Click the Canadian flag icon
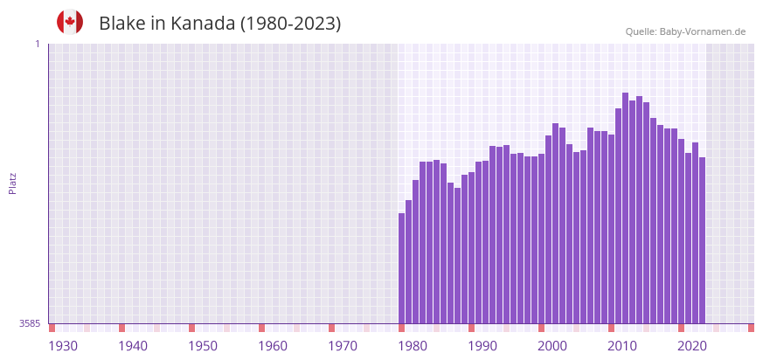click(70, 22)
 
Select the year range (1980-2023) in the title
click(291, 24)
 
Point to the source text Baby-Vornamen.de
click(703, 31)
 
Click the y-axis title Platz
click(12, 183)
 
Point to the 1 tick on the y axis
click(37, 44)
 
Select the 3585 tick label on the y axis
click(29, 324)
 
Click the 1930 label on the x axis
click(63, 346)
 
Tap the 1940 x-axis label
click(133, 346)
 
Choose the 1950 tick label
click(203, 346)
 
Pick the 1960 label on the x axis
click(273, 346)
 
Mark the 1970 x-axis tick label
click(343, 346)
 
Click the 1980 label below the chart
click(413, 346)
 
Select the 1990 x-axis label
click(482, 346)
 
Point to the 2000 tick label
click(552, 346)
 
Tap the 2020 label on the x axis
click(692, 346)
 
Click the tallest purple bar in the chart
click(625, 208)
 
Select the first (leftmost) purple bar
click(402, 268)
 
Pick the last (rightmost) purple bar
click(702, 240)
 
